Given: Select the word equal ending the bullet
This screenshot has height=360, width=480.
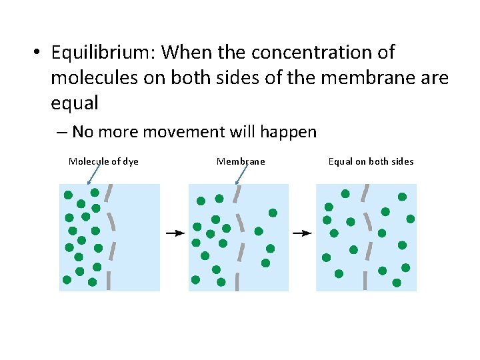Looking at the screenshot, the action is [75, 103].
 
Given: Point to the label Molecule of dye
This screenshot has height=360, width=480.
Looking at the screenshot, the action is [103, 161].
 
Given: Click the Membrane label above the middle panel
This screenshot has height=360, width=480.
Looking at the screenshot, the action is [241, 161].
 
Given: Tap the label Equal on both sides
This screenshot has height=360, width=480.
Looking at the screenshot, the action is [371, 161].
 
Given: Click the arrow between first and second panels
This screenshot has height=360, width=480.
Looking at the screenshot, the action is [175, 233].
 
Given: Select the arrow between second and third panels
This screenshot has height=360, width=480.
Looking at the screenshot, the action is [302, 233].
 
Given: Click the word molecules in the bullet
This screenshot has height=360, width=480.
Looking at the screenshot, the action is [91, 77].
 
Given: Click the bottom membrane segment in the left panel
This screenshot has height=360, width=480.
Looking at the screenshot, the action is [108, 281].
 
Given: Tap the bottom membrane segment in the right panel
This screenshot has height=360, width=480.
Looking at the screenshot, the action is [365, 281].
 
